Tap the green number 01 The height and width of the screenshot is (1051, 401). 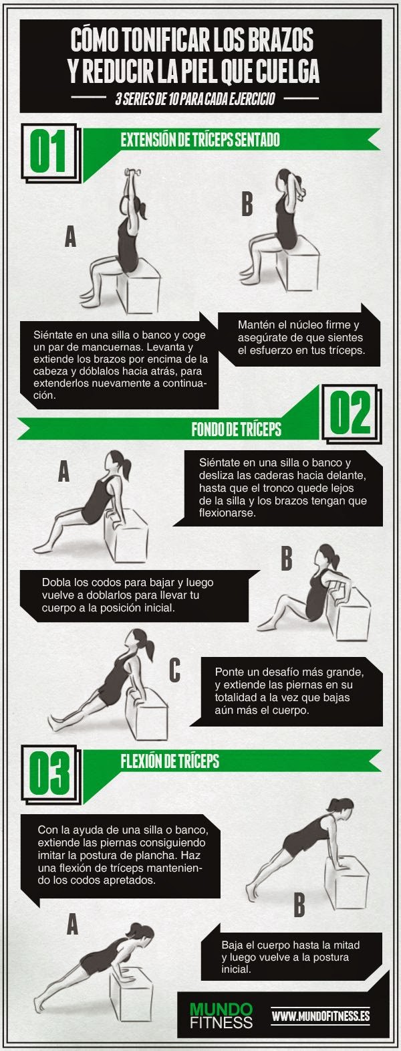pos(48,151)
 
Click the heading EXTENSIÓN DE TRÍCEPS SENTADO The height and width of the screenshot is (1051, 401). pos(200,140)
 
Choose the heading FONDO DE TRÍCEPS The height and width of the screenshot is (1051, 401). pos(236,429)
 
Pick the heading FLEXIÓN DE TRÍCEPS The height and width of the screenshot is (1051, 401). pos(170,761)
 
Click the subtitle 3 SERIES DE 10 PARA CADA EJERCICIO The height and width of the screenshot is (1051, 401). pos(195,99)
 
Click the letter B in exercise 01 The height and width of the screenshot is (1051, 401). pos(247,204)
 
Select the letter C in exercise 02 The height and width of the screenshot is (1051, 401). pos(174,670)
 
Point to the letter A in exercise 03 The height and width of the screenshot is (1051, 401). pos(72,924)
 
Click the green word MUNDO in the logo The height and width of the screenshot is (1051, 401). pos(221,1008)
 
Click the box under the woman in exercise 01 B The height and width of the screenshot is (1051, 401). pos(298,266)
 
